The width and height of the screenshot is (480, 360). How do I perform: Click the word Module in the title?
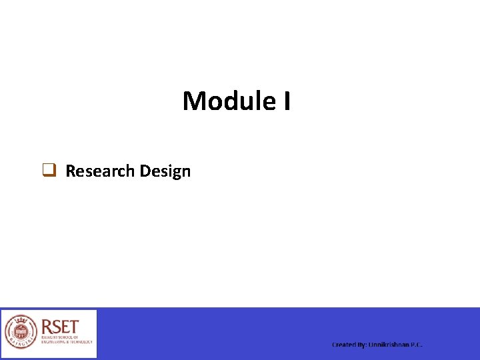(x=227, y=101)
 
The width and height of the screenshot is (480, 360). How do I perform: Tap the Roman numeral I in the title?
(x=286, y=101)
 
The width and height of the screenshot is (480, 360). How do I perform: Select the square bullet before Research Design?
(x=49, y=171)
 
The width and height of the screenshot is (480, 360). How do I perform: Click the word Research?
(x=100, y=171)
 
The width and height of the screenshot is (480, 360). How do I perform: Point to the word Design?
(x=165, y=171)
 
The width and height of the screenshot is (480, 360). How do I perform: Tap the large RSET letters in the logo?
(x=61, y=327)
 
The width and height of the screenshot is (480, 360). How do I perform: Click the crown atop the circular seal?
(x=21, y=319)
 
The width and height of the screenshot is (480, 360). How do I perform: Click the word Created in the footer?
(x=344, y=345)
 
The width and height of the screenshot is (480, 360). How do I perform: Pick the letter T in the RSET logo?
(x=74, y=327)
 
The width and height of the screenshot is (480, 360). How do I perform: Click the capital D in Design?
(x=145, y=171)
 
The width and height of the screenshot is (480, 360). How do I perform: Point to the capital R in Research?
(x=71, y=171)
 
